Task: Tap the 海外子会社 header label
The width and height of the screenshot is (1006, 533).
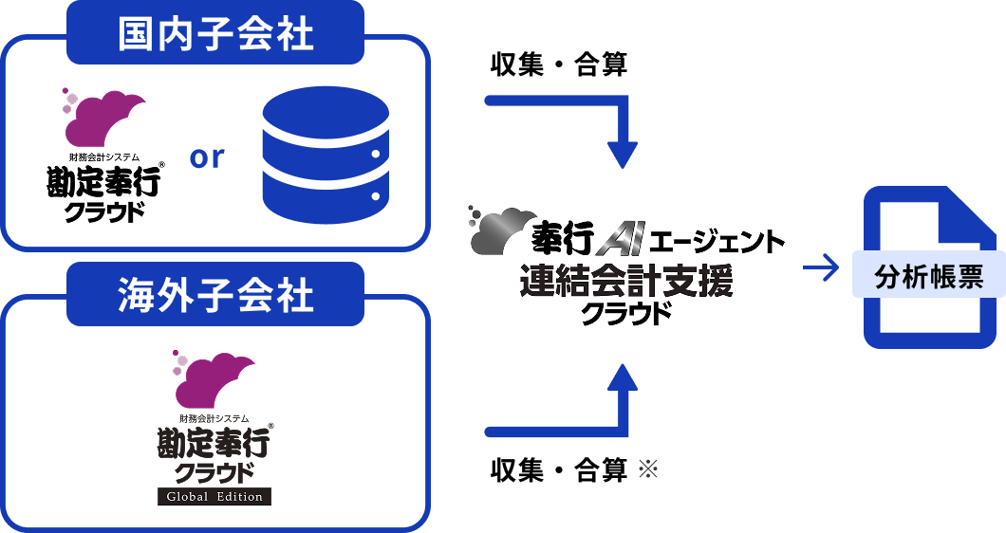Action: coord(215,296)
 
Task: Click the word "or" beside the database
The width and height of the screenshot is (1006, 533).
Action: coord(207,156)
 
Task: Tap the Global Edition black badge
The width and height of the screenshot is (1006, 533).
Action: coord(214,496)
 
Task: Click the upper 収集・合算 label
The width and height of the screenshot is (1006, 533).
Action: coord(558,65)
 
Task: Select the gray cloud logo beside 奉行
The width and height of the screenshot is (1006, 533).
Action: coord(500,230)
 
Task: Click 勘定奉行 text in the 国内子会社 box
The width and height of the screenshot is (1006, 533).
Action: coord(105,183)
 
